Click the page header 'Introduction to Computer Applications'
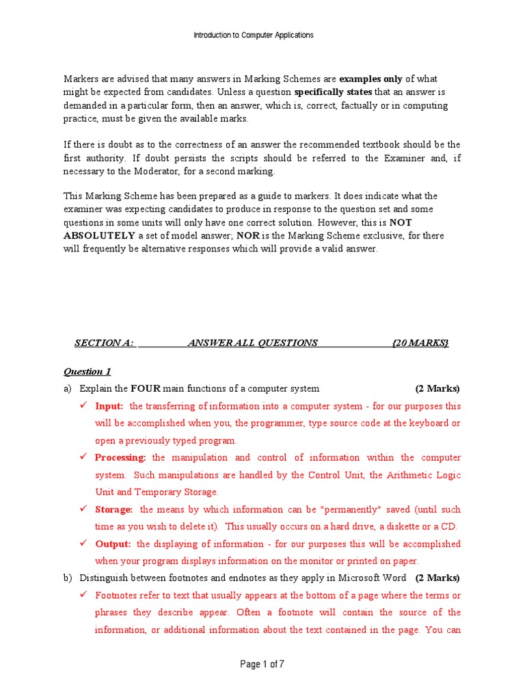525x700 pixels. [x=254, y=35]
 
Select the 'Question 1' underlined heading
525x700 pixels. [x=87, y=372]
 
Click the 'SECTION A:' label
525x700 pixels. [x=104, y=343]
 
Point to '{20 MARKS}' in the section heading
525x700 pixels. [x=420, y=343]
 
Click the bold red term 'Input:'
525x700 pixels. [x=109, y=406]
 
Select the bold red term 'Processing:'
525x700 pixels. [x=120, y=458]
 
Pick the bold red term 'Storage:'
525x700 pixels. [x=113, y=509]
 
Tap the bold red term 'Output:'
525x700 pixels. [x=113, y=544]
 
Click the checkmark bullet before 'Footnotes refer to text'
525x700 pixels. [x=83, y=595]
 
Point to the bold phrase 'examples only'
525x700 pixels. [x=371, y=79]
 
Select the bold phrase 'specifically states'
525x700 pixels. [x=333, y=92]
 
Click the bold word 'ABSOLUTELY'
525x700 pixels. [x=99, y=236]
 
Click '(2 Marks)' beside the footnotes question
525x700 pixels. [x=437, y=578]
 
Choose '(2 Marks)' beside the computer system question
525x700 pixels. [x=437, y=389]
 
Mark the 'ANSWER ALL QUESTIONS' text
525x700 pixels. [x=252, y=343]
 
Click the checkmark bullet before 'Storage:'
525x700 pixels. [x=83, y=509]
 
